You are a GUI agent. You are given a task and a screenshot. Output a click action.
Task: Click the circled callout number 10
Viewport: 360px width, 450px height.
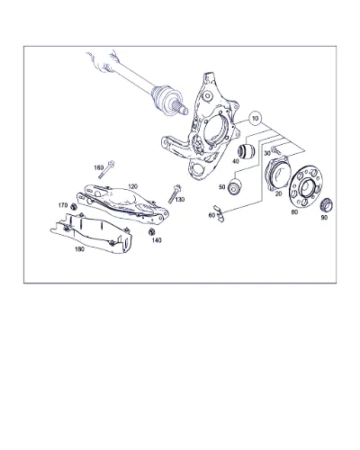[x=255, y=118]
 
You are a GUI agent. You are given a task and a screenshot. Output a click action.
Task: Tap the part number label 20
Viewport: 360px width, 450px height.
[x=278, y=193]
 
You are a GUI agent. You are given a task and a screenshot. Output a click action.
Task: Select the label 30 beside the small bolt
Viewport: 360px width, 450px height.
[x=267, y=153]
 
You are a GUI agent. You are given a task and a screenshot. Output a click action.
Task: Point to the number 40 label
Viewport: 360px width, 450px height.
[x=236, y=161]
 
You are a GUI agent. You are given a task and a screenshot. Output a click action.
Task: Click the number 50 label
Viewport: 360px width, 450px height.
[x=222, y=187]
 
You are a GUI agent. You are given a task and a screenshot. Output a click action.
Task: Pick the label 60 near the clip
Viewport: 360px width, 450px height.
[x=211, y=215]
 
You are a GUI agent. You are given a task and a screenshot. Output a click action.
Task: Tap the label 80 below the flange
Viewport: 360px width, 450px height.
[x=294, y=211]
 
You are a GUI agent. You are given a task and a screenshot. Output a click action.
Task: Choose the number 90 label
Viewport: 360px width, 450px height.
[x=324, y=218]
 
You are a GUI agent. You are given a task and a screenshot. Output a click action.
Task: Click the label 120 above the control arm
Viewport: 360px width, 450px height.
[x=132, y=186]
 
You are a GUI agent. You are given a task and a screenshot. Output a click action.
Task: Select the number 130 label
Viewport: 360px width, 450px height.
[x=180, y=200]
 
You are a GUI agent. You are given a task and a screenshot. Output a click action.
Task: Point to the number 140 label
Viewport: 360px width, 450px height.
[x=157, y=240]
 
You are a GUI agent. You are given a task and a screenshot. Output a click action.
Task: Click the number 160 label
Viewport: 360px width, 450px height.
[x=99, y=167]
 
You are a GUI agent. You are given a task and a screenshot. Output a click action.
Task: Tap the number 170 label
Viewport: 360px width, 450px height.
[x=63, y=205]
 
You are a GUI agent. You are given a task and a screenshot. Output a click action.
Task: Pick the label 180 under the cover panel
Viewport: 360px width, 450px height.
[x=79, y=249]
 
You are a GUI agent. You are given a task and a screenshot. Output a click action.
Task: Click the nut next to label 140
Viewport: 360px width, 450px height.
[x=152, y=231]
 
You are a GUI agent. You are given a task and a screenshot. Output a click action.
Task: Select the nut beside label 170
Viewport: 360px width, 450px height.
[x=73, y=207]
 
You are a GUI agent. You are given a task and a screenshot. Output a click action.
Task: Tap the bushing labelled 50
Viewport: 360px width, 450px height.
[x=235, y=186]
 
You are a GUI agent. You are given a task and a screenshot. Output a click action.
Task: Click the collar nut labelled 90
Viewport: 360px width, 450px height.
[x=327, y=205]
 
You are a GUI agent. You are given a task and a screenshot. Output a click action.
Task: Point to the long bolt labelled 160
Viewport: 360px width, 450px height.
[x=106, y=170]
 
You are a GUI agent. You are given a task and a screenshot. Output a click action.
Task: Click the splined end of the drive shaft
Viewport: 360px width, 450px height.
[x=181, y=108]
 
